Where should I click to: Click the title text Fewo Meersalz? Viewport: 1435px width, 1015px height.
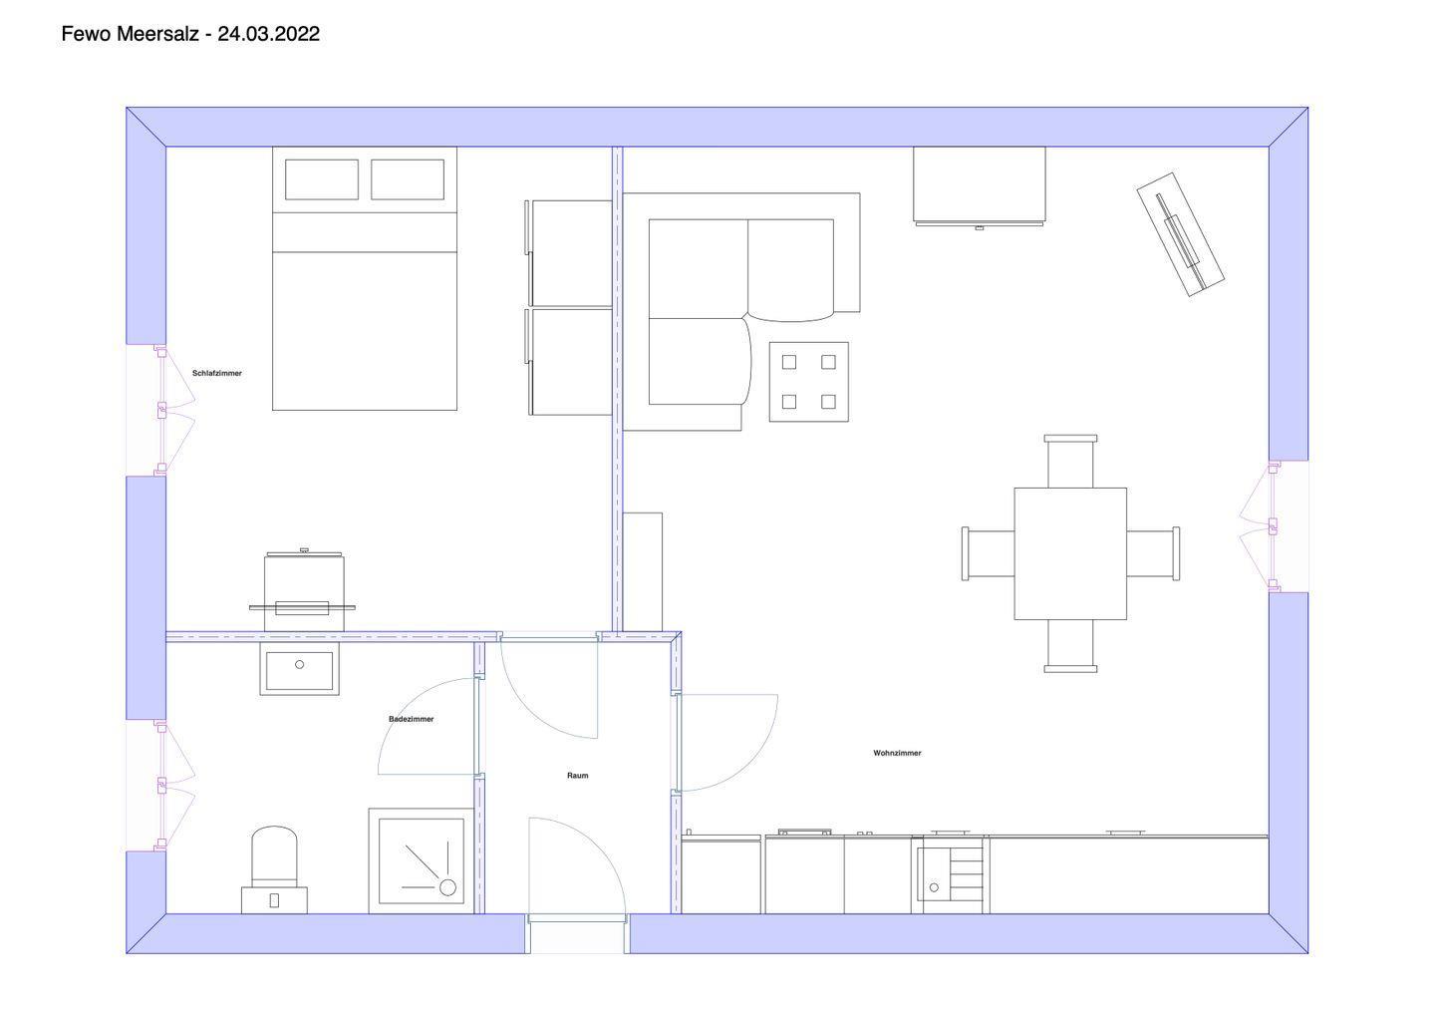pos(130,34)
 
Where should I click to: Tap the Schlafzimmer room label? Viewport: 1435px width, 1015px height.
pos(217,373)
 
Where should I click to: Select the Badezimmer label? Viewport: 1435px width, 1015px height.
pos(412,719)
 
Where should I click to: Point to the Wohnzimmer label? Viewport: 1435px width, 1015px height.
pos(897,753)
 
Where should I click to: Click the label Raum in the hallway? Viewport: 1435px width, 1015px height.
pos(577,776)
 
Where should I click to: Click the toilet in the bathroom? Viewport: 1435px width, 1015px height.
pos(274,869)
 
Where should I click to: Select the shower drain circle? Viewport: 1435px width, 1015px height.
pos(447,886)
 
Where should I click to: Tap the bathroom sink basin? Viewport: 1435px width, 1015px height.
pos(299,669)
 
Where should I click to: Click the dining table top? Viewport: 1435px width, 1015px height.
pos(1070,553)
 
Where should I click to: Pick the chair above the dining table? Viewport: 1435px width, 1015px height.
pos(1070,462)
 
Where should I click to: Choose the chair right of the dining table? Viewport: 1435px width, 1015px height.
pos(1153,553)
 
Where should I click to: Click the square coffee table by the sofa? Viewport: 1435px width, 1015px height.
pos(809,382)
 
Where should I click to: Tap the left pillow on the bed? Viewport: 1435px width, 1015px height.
pos(322,179)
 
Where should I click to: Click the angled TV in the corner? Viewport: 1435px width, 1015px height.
pos(1180,234)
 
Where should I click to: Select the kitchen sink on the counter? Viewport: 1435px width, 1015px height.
pos(951,873)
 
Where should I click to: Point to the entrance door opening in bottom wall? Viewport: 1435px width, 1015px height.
pos(577,933)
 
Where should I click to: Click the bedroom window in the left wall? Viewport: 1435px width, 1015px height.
pos(159,410)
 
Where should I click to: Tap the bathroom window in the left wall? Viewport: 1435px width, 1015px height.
pos(159,785)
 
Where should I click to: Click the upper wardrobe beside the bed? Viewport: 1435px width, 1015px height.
pos(570,253)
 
